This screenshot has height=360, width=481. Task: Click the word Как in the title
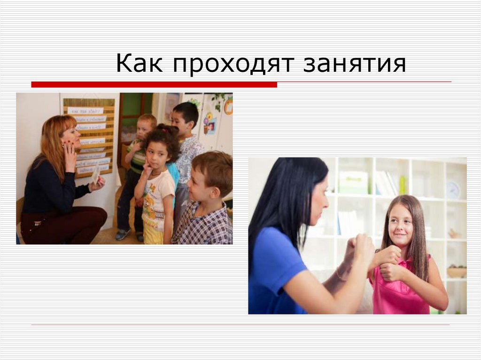(x=139, y=64)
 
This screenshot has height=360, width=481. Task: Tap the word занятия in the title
(x=354, y=65)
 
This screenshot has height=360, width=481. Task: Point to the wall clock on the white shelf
(x=452, y=190)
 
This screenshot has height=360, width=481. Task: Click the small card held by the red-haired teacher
(x=96, y=175)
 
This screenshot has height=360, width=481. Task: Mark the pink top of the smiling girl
(x=404, y=293)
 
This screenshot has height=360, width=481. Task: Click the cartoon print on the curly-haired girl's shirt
(x=151, y=207)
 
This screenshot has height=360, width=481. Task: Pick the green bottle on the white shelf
(x=402, y=184)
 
